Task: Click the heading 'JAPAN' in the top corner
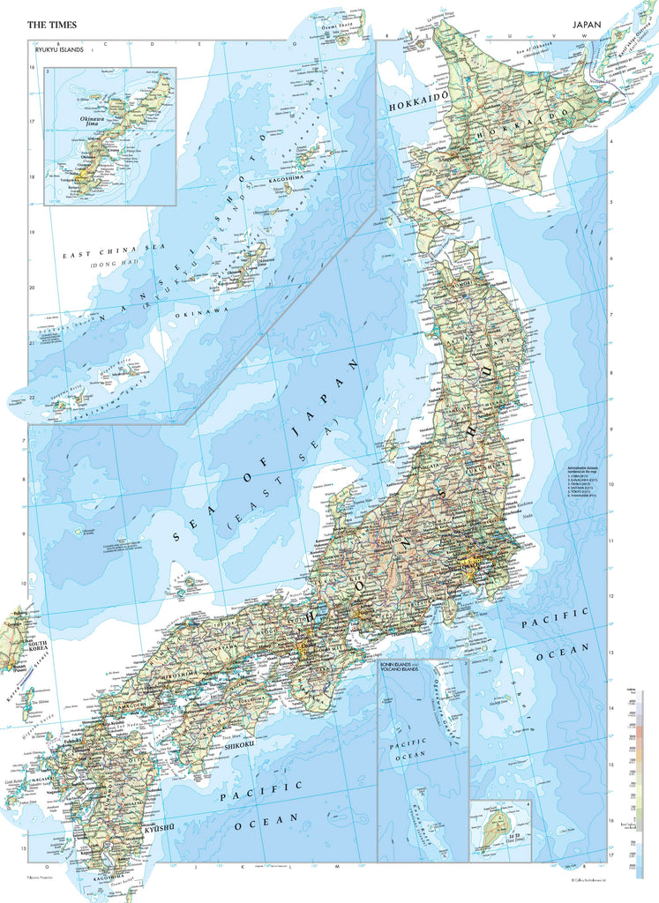(589, 26)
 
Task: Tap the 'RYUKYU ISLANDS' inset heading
(59, 51)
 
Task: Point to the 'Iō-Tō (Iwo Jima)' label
(513, 845)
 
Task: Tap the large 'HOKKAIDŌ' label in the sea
(418, 102)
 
